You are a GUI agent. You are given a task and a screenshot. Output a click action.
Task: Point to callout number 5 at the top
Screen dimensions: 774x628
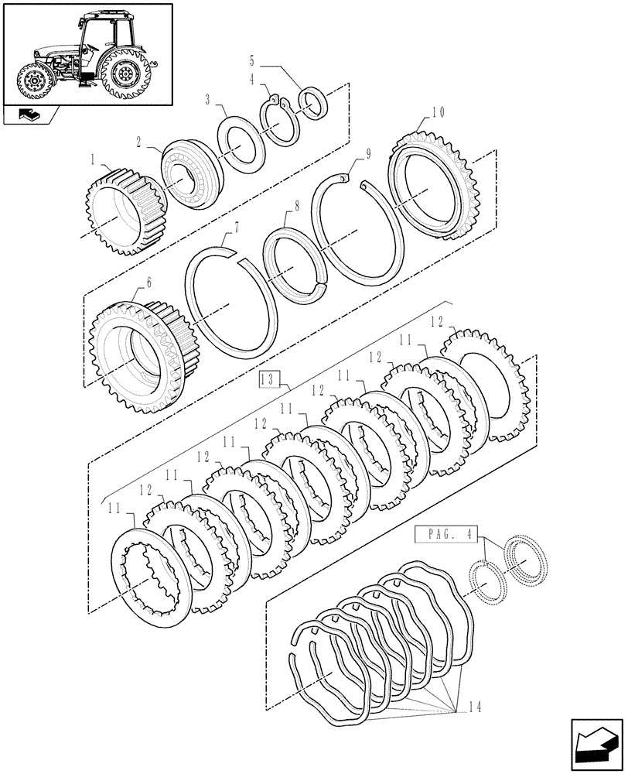(x=251, y=60)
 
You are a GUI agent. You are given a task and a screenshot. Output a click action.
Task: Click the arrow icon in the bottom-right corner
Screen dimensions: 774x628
(x=595, y=744)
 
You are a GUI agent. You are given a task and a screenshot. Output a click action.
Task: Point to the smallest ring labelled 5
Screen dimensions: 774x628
(x=313, y=104)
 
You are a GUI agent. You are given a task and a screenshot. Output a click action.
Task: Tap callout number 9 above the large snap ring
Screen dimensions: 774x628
(x=369, y=153)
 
